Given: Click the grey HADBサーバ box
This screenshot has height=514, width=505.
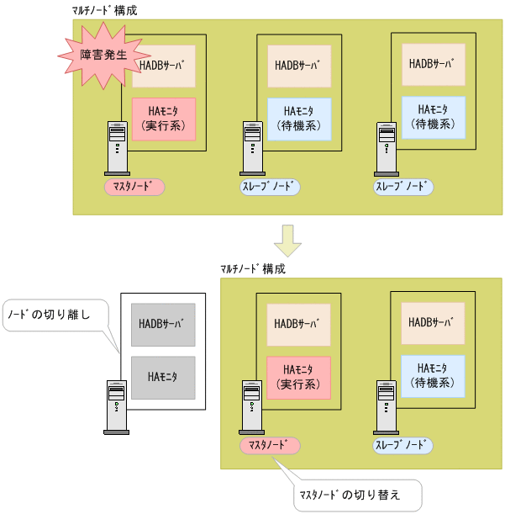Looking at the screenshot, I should [x=163, y=324].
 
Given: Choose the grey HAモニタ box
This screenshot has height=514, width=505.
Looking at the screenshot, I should [x=163, y=377].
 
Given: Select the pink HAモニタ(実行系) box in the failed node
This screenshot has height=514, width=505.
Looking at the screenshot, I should [x=164, y=119].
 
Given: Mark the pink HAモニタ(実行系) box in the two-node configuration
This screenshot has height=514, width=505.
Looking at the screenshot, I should [x=298, y=377].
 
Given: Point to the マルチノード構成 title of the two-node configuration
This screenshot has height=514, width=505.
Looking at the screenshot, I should [x=252, y=269].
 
